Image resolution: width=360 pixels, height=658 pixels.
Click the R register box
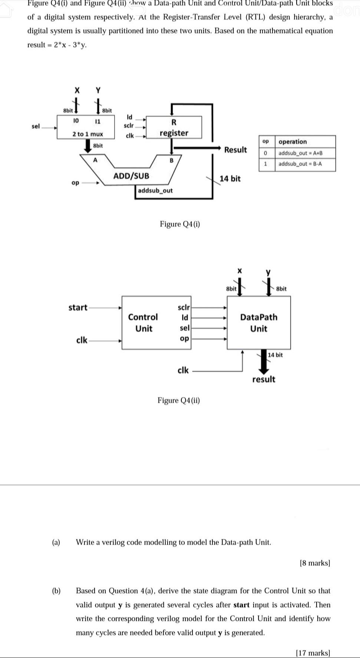(x=174, y=127)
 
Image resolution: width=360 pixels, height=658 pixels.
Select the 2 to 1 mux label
(x=87, y=134)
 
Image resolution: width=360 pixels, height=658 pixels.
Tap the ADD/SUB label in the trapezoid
(x=131, y=176)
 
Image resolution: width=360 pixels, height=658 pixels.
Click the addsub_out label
(x=155, y=190)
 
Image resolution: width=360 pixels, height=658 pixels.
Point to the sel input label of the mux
(x=36, y=126)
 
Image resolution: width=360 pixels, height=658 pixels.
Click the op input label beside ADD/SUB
(x=75, y=183)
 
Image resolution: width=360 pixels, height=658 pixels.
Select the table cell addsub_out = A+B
(x=300, y=153)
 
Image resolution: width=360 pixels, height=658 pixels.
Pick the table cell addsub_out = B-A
(x=300, y=164)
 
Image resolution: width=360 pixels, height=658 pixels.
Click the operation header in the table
(x=293, y=142)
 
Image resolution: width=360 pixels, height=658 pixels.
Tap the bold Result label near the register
(x=235, y=150)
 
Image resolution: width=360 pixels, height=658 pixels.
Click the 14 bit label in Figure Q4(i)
(x=230, y=179)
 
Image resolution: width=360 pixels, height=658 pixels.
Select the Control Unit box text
(x=143, y=323)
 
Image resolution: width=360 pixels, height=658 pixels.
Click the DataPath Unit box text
(x=258, y=323)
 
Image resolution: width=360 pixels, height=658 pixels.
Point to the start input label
(x=78, y=308)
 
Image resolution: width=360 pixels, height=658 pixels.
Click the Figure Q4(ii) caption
(x=179, y=401)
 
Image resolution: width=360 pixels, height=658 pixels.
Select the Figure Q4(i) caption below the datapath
(x=180, y=224)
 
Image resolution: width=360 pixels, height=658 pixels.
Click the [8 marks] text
(x=315, y=563)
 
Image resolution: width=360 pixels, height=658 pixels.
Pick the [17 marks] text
(x=313, y=653)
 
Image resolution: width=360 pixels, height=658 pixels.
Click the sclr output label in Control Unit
(x=184, y=308)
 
